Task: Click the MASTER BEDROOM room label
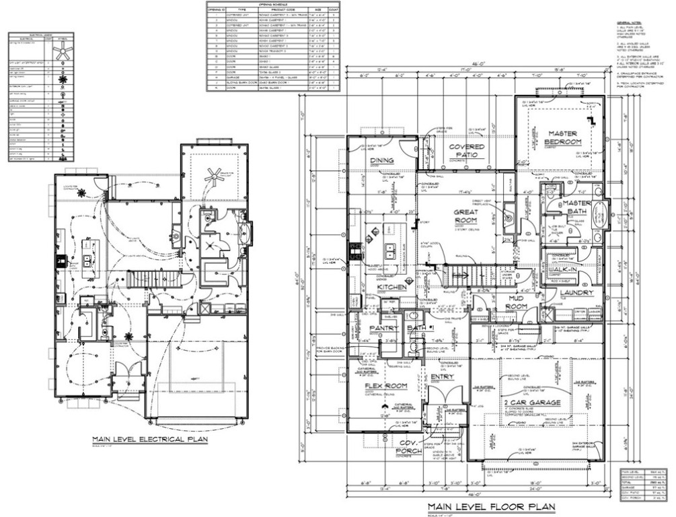tap(563, 137)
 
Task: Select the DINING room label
tap(382, 160)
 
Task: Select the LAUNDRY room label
tap(576, 293)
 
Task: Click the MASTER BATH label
tap(577, 207)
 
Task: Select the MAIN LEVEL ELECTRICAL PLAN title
tap(150, 439)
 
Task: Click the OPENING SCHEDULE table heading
tap(272, 3)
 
